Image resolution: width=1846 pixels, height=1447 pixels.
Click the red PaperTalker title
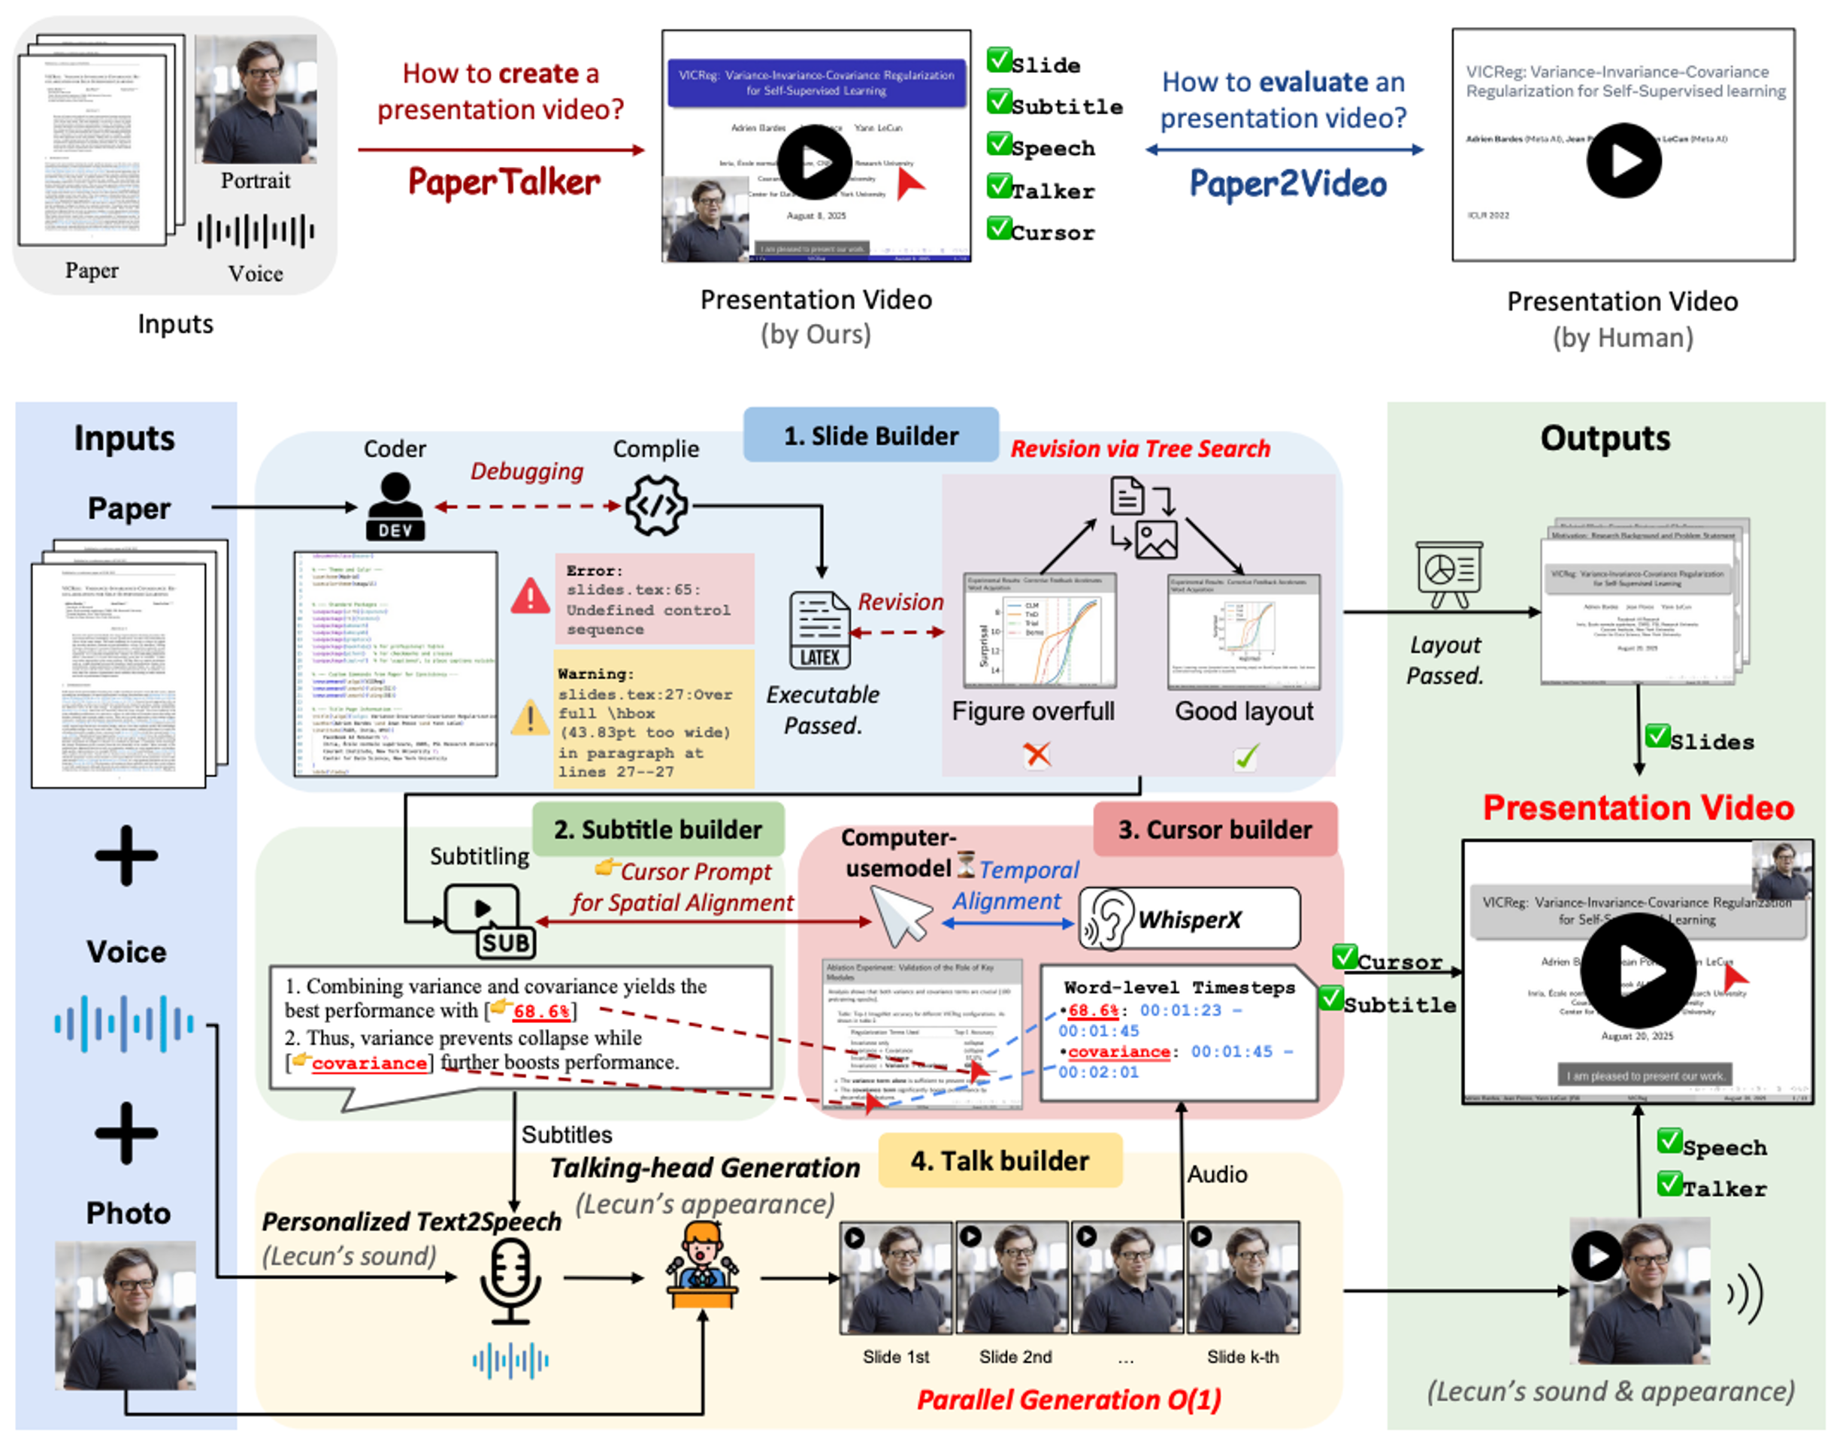pyautogui.click(x=504, y=182)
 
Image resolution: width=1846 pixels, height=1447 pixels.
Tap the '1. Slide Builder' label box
pyautogui.click(x=871, y=435)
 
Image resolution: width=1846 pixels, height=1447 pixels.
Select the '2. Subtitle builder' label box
pyautogui.click(x=658, y=829)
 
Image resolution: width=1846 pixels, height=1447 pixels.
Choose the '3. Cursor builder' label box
pyautogui.click(x=1215, y=829)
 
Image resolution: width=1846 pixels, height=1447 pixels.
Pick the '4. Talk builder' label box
pyautogui.click(x=1000, y=1161)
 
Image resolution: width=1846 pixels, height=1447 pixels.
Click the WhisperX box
pyautogui.click(x=1189, y=919)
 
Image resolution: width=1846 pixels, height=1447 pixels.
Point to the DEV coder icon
pyautogui.click(x=395, y=507)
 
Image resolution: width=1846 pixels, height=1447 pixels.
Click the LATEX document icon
pyautogui.click(x=820, y=631)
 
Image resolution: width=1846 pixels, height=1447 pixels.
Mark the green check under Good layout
pyautogui.click(x=1245, y=756)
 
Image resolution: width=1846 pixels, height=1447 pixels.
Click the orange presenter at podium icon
pyautogui.click(x=701, y=1265)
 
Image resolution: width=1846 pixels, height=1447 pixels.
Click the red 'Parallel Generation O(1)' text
pyautogui.click(x=1069, y=1400)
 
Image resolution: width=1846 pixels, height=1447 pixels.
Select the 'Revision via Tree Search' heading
pyautogui.click(x=1140, y=449)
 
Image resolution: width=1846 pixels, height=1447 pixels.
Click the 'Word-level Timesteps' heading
pyautogui.click(x=1179, y=988)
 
